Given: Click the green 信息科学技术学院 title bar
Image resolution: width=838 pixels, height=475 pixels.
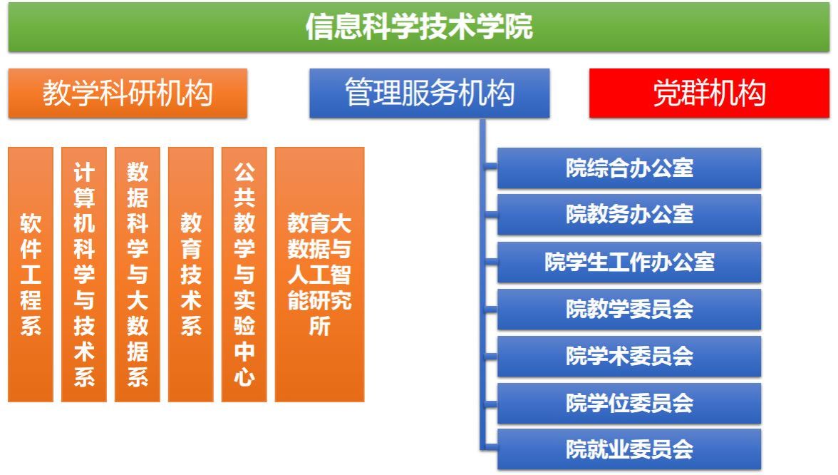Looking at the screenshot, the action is pyautogui.click(x=419, y=27).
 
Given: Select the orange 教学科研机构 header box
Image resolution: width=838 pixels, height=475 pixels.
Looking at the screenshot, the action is pyautogui.click(x=128, y=93).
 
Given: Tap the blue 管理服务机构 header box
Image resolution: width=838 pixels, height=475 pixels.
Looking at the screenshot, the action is pyautogui.click(x=430, y=93).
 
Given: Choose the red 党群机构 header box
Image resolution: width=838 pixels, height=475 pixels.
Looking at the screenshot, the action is pyautogui.click(x=709, y=93).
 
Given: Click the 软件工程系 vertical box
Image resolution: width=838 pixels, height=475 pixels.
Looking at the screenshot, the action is pyautogui.click(x=31, y=275).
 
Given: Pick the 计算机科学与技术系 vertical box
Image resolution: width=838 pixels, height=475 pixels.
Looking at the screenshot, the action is pyautogui.click(x=84, y=275).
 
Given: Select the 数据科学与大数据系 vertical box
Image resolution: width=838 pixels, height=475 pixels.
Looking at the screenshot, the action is pyautogui.click(x=138, y=275).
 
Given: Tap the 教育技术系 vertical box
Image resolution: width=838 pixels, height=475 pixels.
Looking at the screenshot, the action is pyautogui.click(x=191, y=275).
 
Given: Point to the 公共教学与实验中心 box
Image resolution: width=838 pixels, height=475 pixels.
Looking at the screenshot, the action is pyautogui.click(x=244, y=275).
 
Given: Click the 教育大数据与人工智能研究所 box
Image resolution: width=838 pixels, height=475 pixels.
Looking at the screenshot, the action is pyautogui.click(x=319, y=275).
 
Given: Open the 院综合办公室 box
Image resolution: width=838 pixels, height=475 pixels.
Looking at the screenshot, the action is pyautogui.click(x=629, y=168).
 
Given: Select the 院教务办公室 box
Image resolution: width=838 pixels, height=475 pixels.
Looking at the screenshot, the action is pyautogui.click(x=629, y=215).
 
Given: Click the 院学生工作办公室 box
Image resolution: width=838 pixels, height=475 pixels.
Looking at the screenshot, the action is pyautogui.click(x=629, y=262).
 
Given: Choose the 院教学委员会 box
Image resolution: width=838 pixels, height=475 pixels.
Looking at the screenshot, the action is pyautogui.click(x=629, y=310).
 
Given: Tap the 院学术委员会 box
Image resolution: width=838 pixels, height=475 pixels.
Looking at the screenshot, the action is pyautogui.click(x=629, y=357).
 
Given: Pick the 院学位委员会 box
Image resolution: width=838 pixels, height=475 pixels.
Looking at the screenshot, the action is pyautogui.click(x=629, y=404).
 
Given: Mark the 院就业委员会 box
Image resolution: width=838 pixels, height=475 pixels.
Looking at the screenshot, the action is pyautogui.click(x=629, y=449).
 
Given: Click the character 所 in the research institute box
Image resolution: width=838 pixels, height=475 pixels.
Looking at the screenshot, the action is pyautogui.click(x=319, y=326).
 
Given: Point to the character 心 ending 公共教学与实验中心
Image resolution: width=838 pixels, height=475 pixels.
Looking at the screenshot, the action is pyautogui.click(x=244, y=377).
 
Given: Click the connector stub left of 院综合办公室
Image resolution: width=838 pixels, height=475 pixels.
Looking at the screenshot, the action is pyautogui.click(x=491, y=168).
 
